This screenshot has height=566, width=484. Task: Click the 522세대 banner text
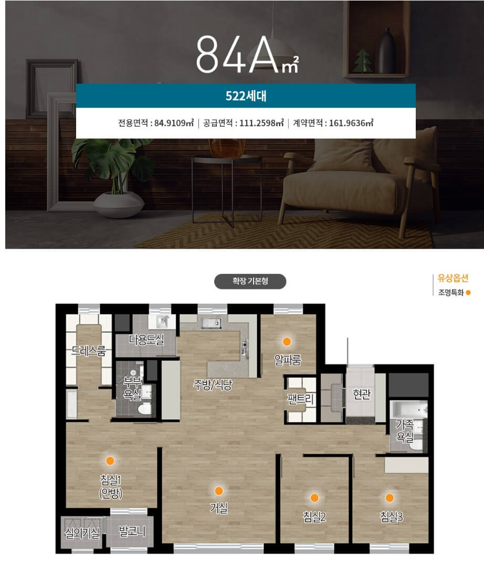[x=246, y=96]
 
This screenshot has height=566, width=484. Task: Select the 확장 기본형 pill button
[x=250, y=281]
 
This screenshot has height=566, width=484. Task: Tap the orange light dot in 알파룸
[x=287, y=342]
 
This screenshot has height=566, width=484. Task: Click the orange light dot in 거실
[x=218, y=491]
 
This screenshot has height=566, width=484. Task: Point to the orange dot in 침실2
[x=314, y=498]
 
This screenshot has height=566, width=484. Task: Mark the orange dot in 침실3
[x=390, y=498]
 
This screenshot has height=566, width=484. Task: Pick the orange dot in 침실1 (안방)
[x=110, y=460]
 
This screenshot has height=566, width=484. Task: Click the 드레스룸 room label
[x=88, y=351]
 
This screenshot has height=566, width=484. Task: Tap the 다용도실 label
[x=146, y=339]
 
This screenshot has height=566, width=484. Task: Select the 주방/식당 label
[x=213, y=385]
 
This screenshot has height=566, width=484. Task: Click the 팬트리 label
[x=300, y=399]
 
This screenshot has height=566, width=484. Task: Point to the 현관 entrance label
[x=362, y=394]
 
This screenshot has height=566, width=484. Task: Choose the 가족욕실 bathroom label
[x=405, y=430]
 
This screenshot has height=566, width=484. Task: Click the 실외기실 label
[x=82, y=533]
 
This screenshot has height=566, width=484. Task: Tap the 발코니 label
[x=132, y=531]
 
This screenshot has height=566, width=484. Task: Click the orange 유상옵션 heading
[x=453, y=278]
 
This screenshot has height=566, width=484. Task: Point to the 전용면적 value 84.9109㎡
[x=174, y=123]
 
